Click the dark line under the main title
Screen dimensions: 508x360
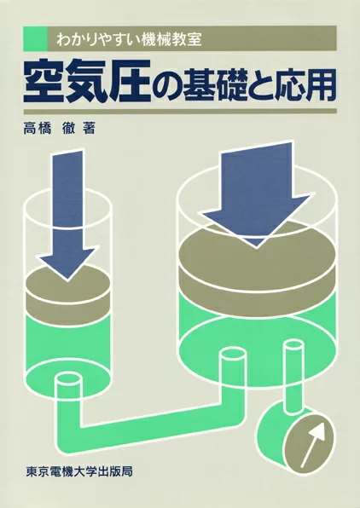[180, 110]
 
